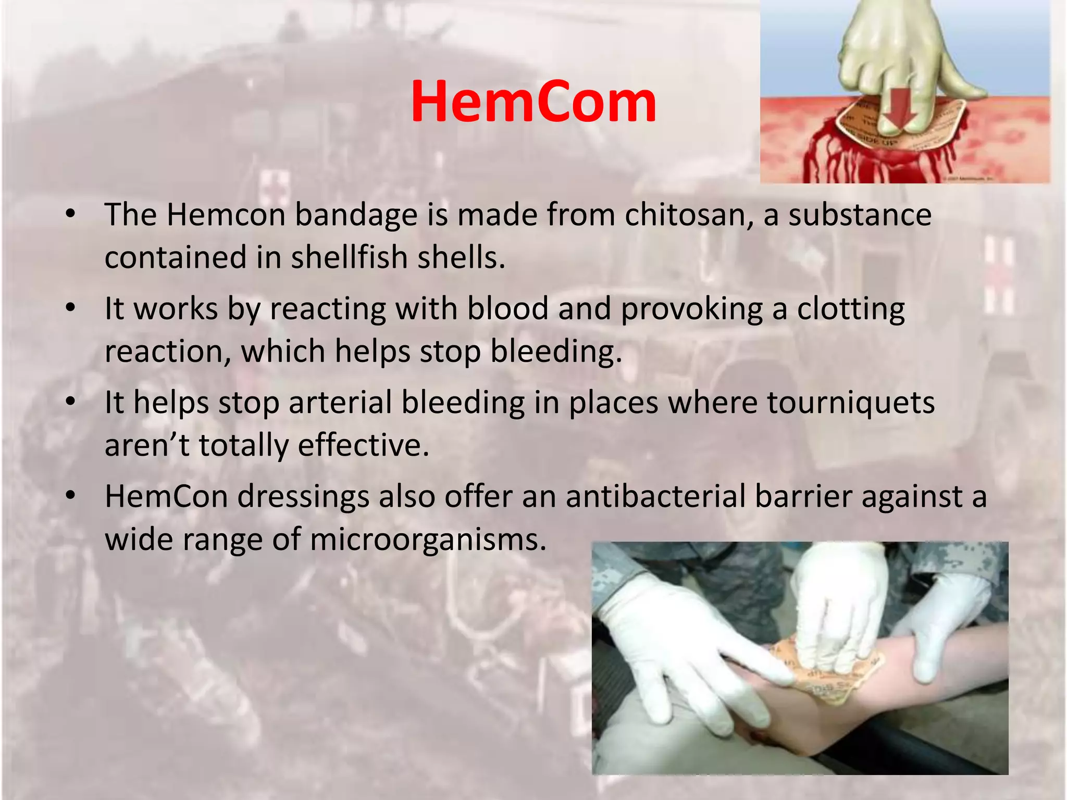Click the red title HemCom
(x=533, y=103)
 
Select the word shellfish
(x=341, y=257)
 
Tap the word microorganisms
(x=428, y=539)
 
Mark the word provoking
(x=691, y=309)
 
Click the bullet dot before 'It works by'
(x=71, y=308)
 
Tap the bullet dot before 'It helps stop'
(x=71, y=402)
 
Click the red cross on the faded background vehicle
(x=271, y=188)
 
